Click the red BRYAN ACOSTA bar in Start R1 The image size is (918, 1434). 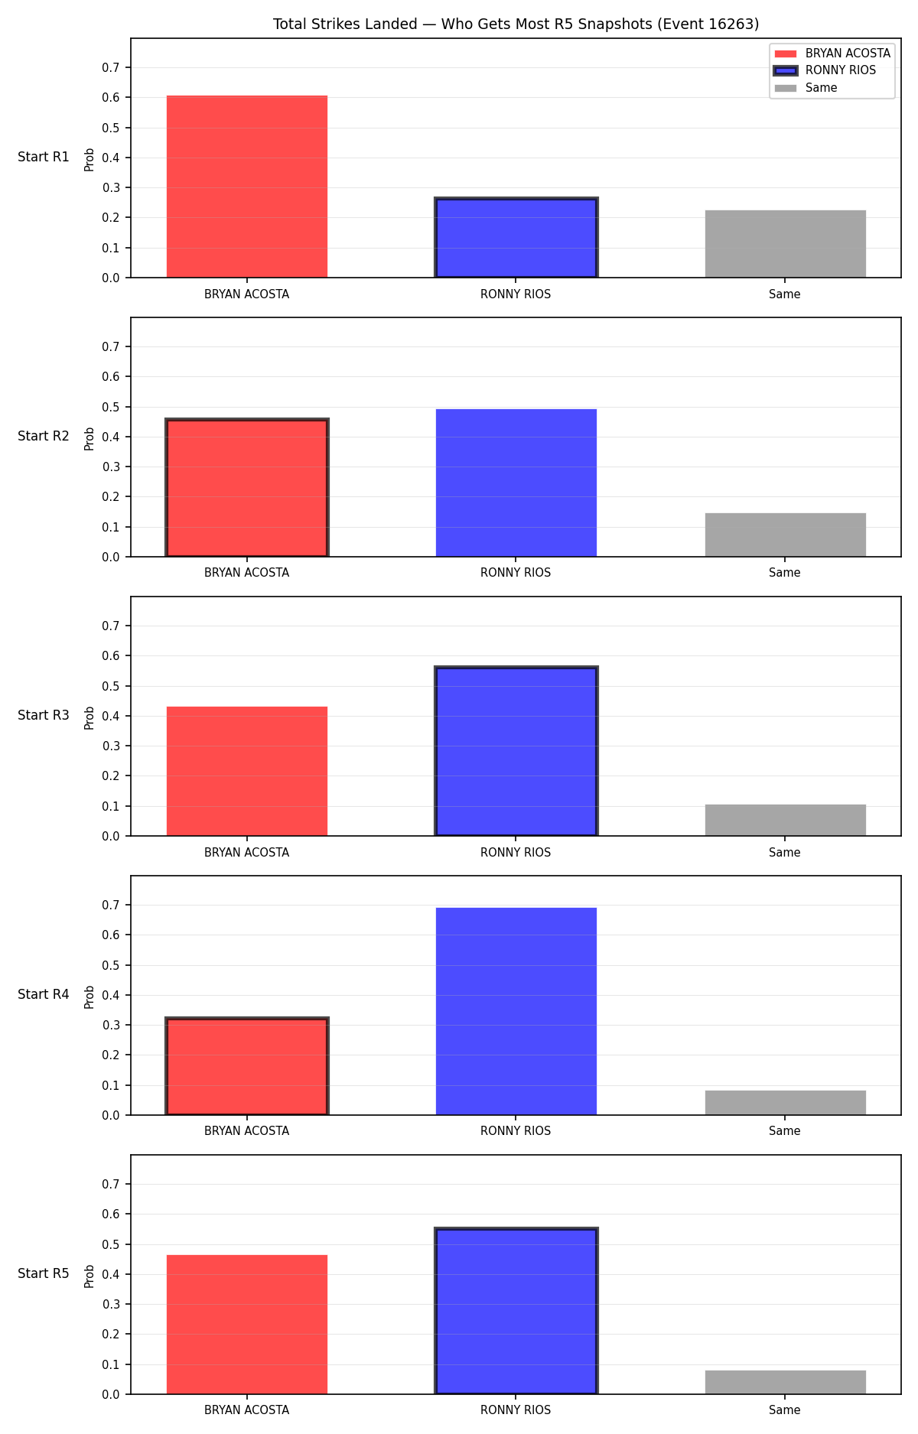pyautogui.click(x=247, y=187)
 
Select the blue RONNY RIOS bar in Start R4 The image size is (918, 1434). pyautogui.click(x=516, y=1011)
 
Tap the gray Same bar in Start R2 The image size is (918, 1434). pyautogui.click(x=786, y=535)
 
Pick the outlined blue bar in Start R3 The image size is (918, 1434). pyautogui.click(x=516, y=751)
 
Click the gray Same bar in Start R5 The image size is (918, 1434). pyautogui.click(x=786, y=1382)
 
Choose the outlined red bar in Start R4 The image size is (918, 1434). pyautogui.click(x=247, y=1066)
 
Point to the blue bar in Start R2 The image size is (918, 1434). pyautogui.click(x=516, y=483)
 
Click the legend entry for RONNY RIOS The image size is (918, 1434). pyautogui.click(x=825, y=70)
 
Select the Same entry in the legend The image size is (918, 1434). pyautogui.click(x=806, y=88)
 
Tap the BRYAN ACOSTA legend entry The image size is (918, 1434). pyautogui.click(x=832, y=54)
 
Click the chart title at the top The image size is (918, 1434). pyautogui.click(x=516, y=24)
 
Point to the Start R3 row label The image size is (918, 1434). pyautogui.click(x=44, y=715)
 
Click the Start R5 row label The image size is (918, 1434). pyautogui.click(x=44, y=1273)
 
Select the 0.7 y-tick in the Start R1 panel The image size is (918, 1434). pyautogui.click(x=111, y=67)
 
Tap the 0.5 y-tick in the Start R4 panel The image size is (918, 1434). pyautogui.click(x=111, y=965)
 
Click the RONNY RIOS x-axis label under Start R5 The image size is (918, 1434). pyautogui.click(x=516, y=1410)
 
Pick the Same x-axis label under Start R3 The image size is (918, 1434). pyautogui.click(x=785, y=852)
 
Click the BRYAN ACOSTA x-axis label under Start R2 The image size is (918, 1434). pyautogui.click(x=247, y=573)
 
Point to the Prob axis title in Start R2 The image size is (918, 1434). pyautogui.click(x=90, y=438)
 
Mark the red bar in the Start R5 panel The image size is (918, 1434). pyautogui.click(x=247, y=1325)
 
